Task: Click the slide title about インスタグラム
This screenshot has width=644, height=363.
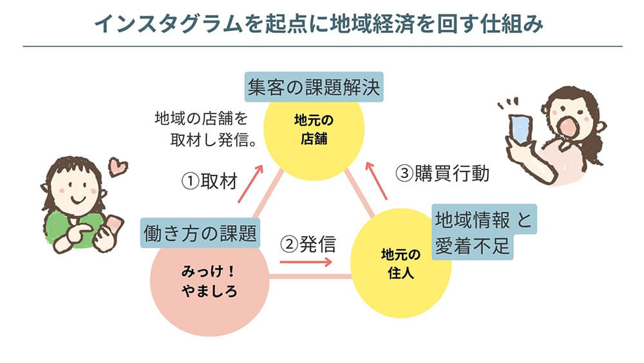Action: coord(320,23)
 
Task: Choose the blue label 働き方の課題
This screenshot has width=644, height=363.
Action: coord(200,233)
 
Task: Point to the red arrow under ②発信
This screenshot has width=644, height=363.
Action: coord(306,262)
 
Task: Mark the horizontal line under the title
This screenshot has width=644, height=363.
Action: coord(322,46)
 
